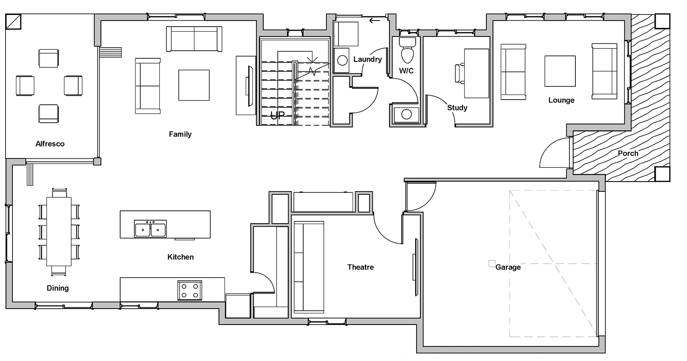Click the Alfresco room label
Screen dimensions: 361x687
[x=50, y=144]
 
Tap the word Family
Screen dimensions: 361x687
[x=180, y=134]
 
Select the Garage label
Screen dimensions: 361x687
[x=508, y=267]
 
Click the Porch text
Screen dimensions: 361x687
[x=628, y=153]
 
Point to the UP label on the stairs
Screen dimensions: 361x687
[x=277, y=115]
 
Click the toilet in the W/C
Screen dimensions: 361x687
[x=407, y=50]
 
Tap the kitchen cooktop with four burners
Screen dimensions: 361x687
[x=190, y=290]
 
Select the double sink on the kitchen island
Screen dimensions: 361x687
[x=150, y=229]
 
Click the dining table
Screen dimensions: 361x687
[x=59, y=231]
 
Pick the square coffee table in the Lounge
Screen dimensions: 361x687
[x=559, y=71]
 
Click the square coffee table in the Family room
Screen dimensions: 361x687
[x=194, y=85]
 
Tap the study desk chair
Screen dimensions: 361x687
[x=459, y=73]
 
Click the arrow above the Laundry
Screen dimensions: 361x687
[x=375, y=20]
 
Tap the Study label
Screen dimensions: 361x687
[x=457, y=108]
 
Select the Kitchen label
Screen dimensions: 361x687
[x=180, y=257]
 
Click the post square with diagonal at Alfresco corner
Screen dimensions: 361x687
[x=13, y=21]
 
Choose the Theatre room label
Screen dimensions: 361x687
[x=360, y=267]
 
